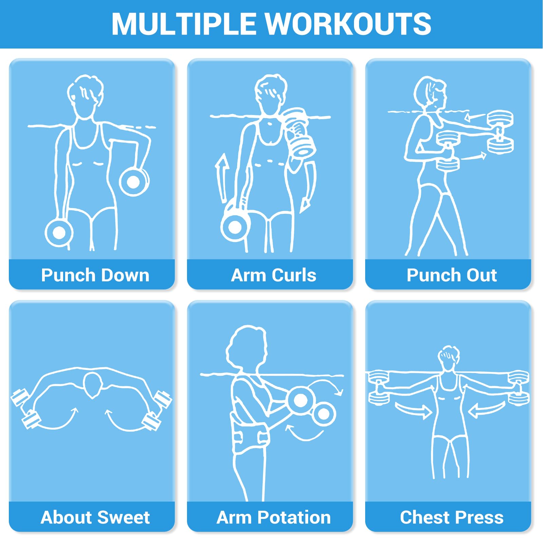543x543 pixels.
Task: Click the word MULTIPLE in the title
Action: (x=184, y=24)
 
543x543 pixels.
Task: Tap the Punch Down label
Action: (x=95, y=275)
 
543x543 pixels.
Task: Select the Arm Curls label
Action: (x=274, y=275)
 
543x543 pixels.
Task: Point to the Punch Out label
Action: (x=452, y=275)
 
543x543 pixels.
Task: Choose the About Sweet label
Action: (x=95, y=517)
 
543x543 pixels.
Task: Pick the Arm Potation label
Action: (x=274, y=517)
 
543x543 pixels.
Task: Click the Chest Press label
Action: (x=452, y=517)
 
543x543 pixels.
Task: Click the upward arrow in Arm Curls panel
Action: (x=222, y=178)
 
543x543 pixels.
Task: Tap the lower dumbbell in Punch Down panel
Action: (x=59, y=232)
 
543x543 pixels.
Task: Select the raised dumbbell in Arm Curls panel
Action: (x=299, y=132)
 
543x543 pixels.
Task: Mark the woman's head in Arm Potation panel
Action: (x=247, y=350)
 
